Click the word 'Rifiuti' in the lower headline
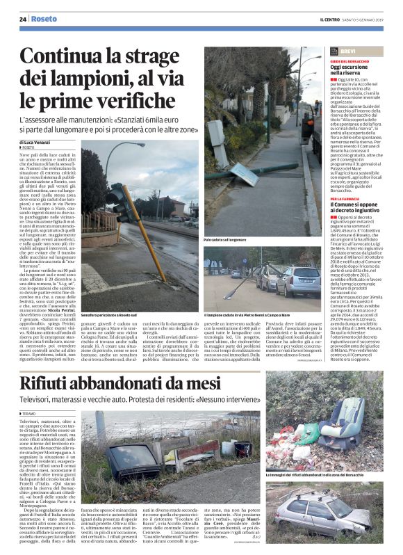[x=52, y=382]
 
